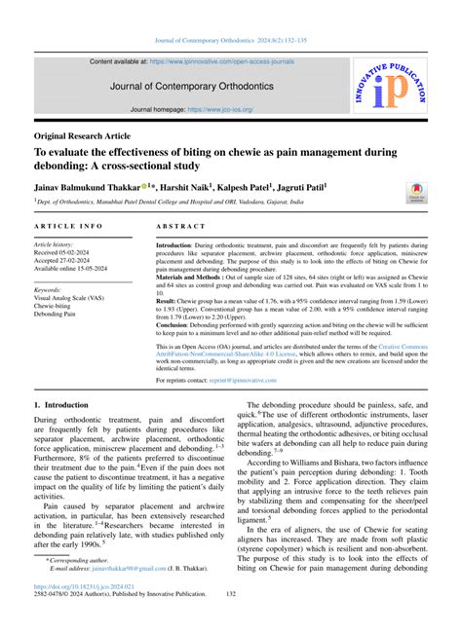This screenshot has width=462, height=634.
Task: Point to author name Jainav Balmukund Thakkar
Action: pyautogui.click(x=87, y=186)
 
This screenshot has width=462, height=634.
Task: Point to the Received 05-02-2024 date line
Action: pyautogui.click(x=72, y=252)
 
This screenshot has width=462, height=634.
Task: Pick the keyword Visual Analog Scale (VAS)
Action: pyautogui.click(x=78, y=299)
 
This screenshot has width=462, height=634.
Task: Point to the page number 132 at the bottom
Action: pyautogui.click(x=231, y=620)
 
